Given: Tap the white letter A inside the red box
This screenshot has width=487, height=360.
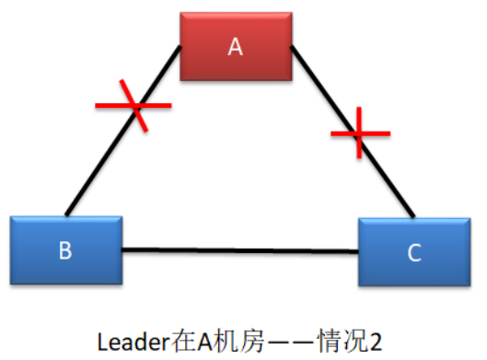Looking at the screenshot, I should coord(236,47).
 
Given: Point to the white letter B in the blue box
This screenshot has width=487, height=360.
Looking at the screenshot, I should coord(65,250).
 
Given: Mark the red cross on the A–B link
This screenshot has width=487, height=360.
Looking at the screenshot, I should coord(135,106).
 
